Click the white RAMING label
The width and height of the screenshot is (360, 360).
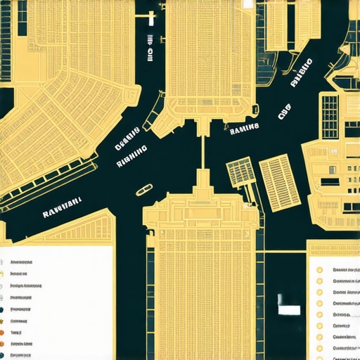(x=244, y=128)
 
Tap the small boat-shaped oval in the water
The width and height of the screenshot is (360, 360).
(x=143, y=189)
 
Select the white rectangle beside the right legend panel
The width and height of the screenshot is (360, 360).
(x=289, y=309)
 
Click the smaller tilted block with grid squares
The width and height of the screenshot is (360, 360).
(x=240, y=172)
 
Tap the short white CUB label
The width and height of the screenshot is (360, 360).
(x=284, y=112)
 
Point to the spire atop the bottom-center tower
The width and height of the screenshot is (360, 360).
(x=202, y=179)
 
